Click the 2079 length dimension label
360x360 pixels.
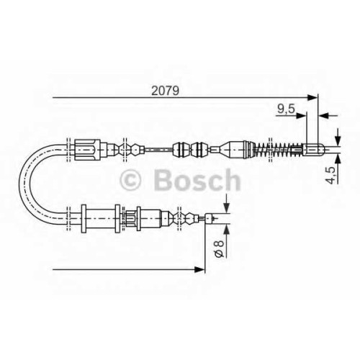click(x=165, y=91)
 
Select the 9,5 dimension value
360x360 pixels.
click(x=286, y=109)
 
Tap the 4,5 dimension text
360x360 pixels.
click(x=330, y=175)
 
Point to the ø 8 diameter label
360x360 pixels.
click(x=220, y=249)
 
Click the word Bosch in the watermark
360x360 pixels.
click(x=197, y=180)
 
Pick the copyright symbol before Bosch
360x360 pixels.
click(x=130, y=180)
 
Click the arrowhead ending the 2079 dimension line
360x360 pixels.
click(x=312, y=97)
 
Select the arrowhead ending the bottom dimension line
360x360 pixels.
click(x=200, y=269)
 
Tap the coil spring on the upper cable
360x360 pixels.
click(x=279, y=150)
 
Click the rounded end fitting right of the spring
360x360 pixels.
click(x=314, y=150)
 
